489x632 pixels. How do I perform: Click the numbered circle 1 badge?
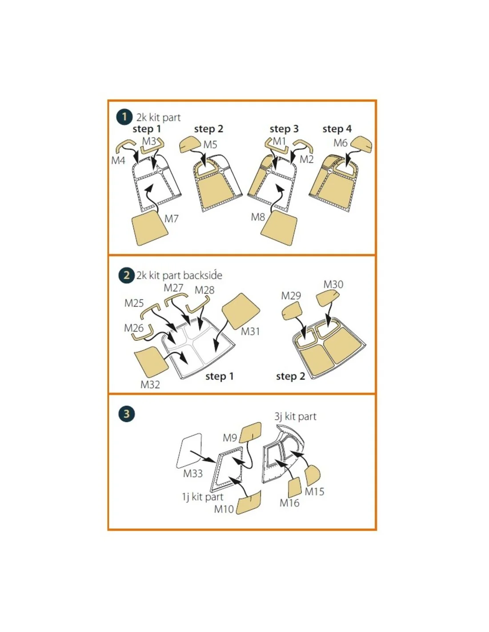tap(124, 117)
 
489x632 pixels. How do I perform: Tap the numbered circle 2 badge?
tap(127, 275)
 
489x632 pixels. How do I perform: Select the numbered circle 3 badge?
tap(127, 413)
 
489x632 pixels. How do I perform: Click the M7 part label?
tap(171, 218)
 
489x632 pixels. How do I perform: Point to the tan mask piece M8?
tap(279, 228)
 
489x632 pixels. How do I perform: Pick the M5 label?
tap(210, 144)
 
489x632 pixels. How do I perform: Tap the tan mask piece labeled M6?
tap(361, 144)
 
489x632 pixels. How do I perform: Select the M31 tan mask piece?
tap(240, 311)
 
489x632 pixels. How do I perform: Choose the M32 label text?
tap(150, 384)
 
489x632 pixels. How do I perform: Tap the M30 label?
tap(333, 284)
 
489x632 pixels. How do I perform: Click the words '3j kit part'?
tap(295, 416)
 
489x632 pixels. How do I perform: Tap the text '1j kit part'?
tap(202, 496)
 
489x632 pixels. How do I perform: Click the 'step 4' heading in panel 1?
tap(337, 128)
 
